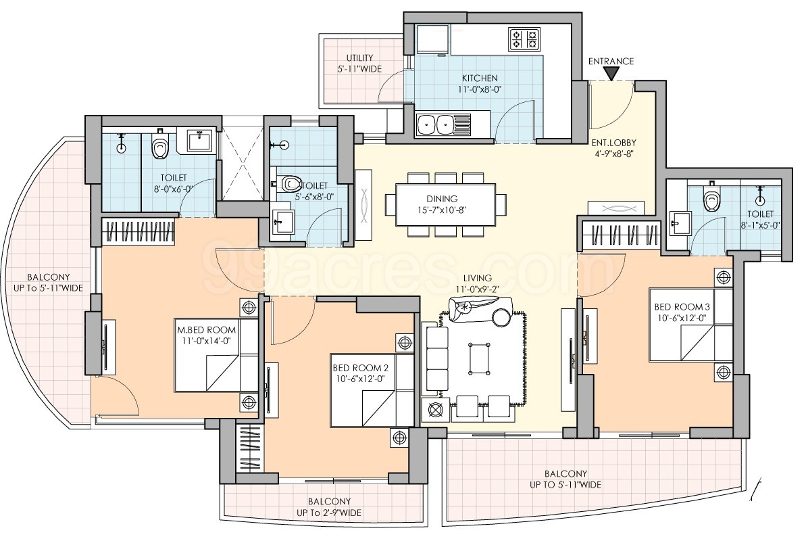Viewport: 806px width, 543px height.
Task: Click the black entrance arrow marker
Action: pyautogui.click(x=611, y=74)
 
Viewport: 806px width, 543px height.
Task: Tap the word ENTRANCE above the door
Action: pyautogui.click(x=611, y=62)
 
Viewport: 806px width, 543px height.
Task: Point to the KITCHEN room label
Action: pyautogui.click(x=480, y=78)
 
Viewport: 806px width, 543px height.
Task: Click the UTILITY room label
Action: pyautogui.click(x=359, y=57)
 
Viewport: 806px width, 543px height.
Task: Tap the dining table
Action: pyautogui.click(x=446, y=204)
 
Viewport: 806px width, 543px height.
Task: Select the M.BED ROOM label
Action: pyautogui.click(x=206, y=330)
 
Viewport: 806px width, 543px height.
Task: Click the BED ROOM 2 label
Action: pyautogui.click(x=360, y=368)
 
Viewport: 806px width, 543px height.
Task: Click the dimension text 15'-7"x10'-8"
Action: pyautogui.click(x=442, y=210)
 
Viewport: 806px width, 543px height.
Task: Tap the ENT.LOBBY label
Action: pyautogui.click(x=613, y=143)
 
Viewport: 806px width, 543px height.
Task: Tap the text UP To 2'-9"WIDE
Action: pyautogui.click(x=329, y=513)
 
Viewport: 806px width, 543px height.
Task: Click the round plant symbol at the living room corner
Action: pyautogui.click(x=436, y=410)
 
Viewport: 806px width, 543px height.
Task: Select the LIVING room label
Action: pyautogui.click(x=476, y=279)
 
